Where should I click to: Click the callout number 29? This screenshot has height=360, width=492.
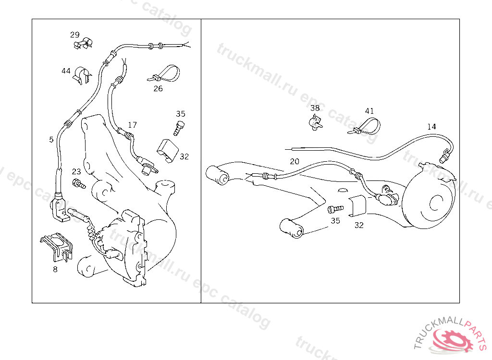[74, 35]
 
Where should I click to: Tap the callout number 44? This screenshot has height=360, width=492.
[66, 71]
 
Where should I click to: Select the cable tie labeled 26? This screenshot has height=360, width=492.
[164, 74]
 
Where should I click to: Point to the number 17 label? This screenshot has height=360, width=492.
[133, 125]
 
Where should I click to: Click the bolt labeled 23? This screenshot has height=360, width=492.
[79, 183]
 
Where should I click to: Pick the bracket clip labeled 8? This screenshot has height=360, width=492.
[57, 247]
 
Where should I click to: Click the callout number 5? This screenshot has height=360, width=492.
[51, 140]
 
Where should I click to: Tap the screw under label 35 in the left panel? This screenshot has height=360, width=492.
[179, 128]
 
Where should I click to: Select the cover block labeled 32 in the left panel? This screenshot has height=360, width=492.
[168, 151]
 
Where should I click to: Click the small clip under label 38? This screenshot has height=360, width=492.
[315, 122]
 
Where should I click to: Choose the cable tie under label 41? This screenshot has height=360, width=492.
[365, 126]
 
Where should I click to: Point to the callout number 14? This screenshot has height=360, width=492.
[431, 126]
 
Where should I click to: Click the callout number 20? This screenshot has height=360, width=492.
[295, 161]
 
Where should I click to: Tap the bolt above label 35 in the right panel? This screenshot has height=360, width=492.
[335, 208]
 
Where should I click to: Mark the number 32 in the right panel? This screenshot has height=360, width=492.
[359, 225]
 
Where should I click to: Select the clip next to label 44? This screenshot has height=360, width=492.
[82, 75]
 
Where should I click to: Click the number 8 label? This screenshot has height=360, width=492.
[55, 269]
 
